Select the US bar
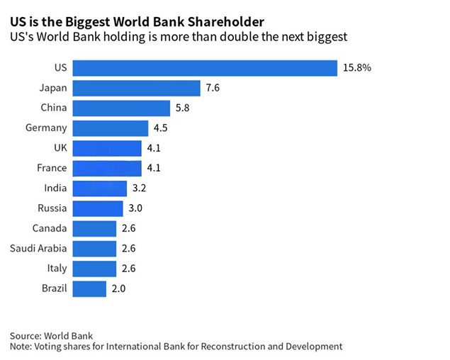[204, 68]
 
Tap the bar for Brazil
[89, 289]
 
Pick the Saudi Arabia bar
[94, 249]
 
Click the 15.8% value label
[356, 68]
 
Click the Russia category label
[52, 208]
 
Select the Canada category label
[50, 228]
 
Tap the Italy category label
[57, 269]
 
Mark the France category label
[52, 169]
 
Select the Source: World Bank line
[51, 335]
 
